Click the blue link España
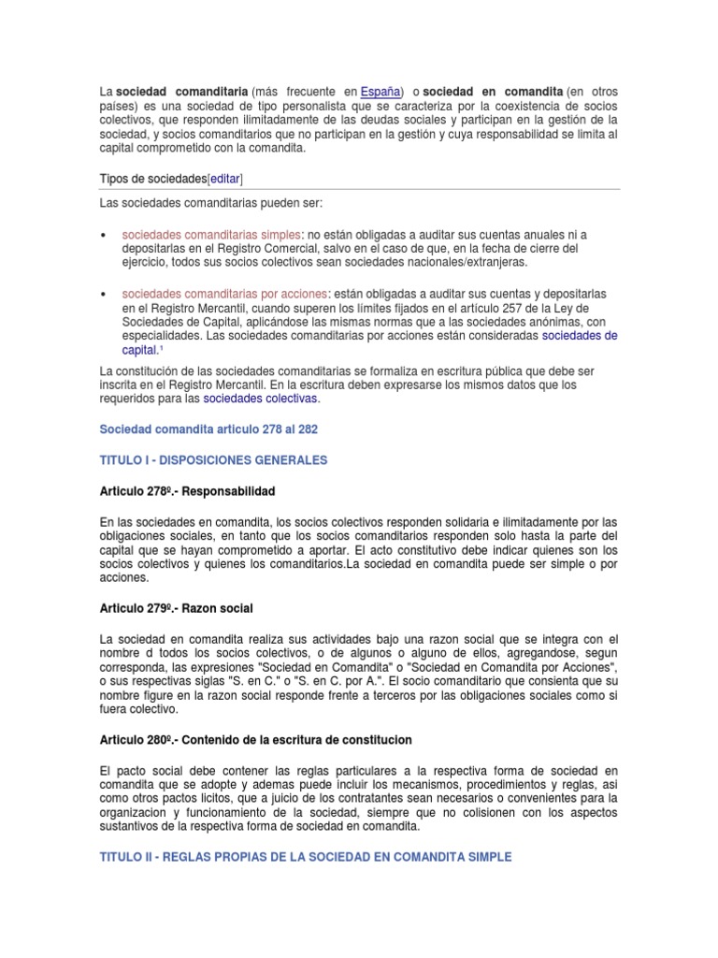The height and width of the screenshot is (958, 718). [381, 91]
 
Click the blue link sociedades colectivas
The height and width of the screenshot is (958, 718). [261, 399]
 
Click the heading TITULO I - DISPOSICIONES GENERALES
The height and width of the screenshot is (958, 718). [213, 460]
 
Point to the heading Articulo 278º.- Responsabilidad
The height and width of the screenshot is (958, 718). [187, 491]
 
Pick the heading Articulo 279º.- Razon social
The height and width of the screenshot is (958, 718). [176, 608]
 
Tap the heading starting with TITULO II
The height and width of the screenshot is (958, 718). [306, 857]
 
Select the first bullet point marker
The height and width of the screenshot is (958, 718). [102, 234]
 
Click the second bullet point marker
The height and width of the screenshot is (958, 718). [102, 294]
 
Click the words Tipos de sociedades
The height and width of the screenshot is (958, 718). [152, 178]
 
